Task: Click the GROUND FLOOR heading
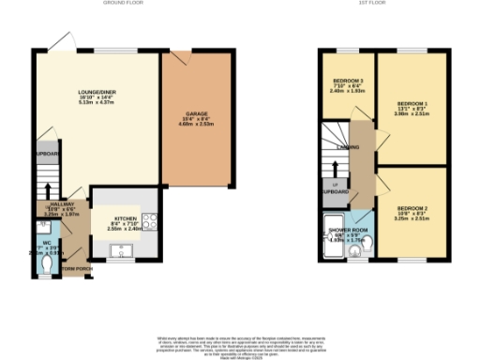[114, 4]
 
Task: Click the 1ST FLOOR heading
[367, 4]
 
